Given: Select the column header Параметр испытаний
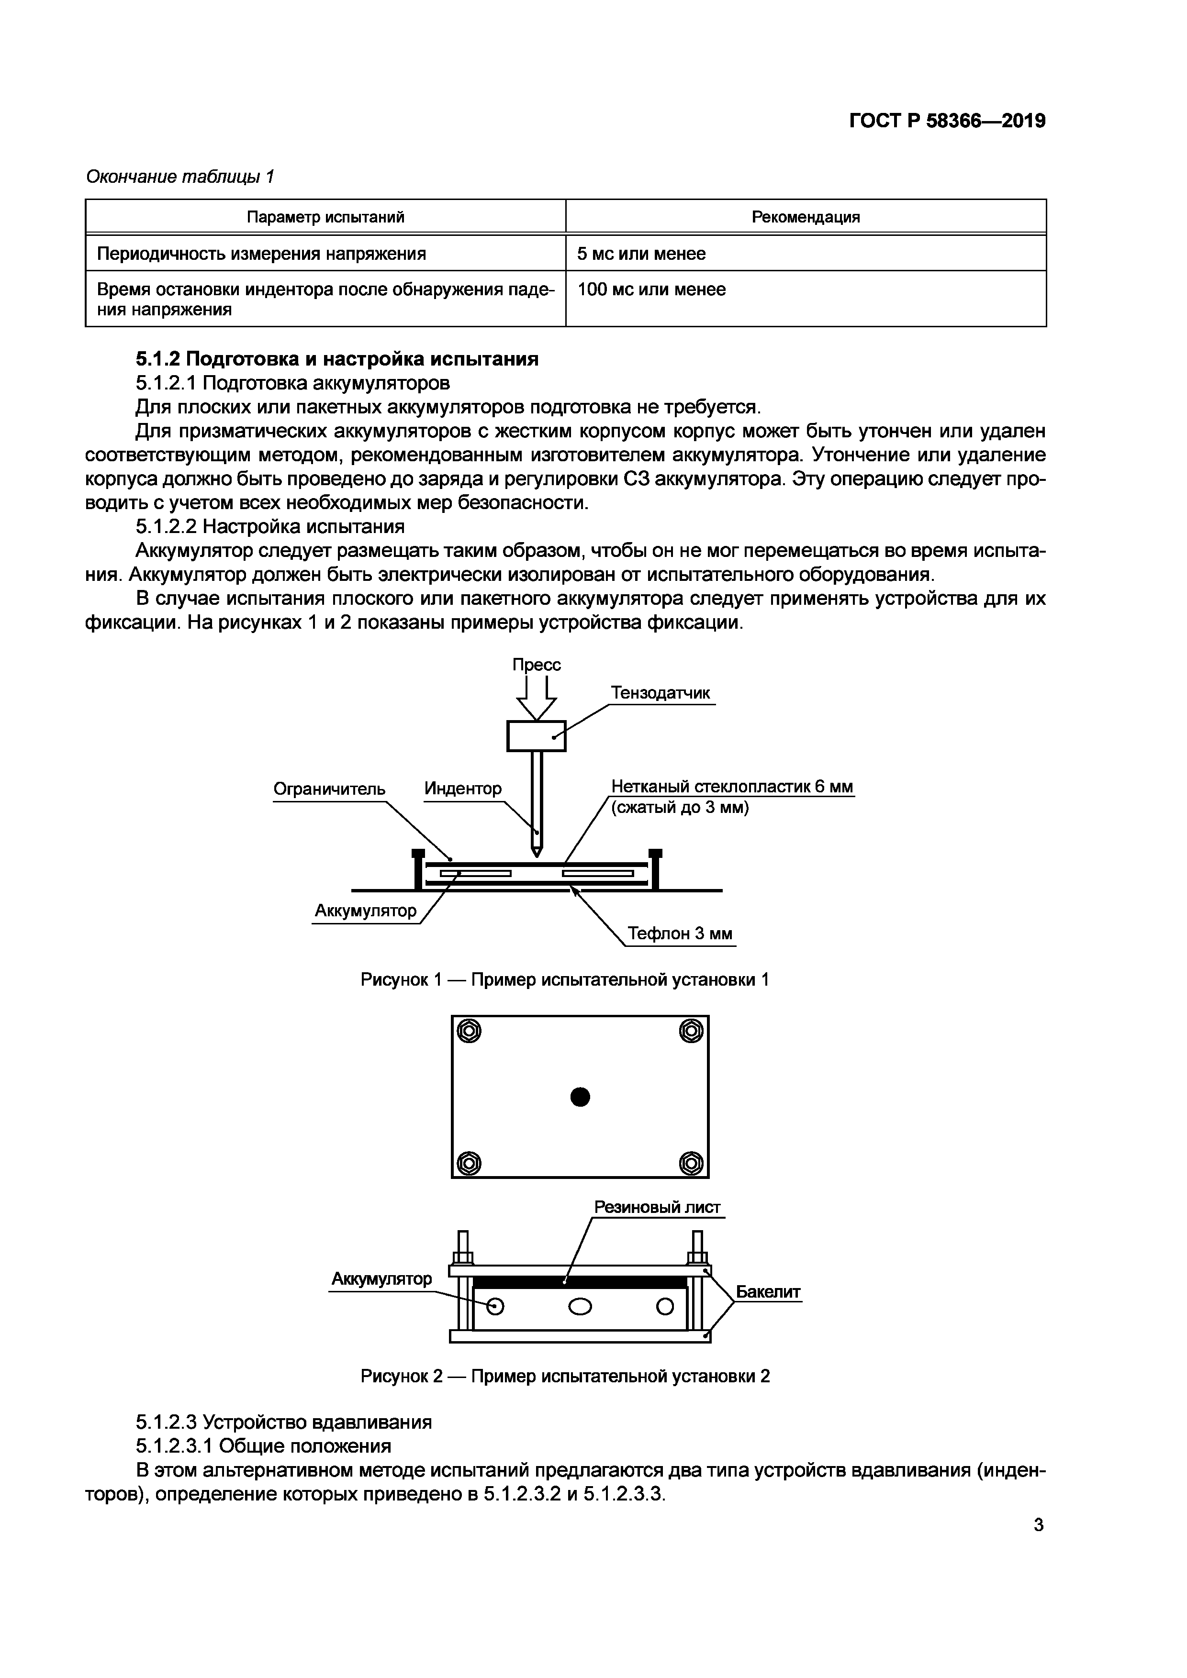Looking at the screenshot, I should pyautogui.click(x=325, y=217).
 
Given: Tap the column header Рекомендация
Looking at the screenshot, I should pyautogui.click(x=806, y=217).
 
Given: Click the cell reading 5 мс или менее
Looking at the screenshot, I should pyautogui.click(x=641, y=254).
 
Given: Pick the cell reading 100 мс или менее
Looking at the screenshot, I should pyautogui.click(x=651, y=289).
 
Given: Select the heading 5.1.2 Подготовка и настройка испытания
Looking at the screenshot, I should pyautogui.click(x=337, y=359).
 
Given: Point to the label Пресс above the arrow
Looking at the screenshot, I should pyautogui.click(x=537, y=664).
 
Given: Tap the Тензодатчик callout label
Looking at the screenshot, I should pyautogui.click(x=660, y=693).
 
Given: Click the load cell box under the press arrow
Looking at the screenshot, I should pyautogui.click(x=537, y=736).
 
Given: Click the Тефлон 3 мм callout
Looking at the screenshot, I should pyautogui.click(x=680, y=934).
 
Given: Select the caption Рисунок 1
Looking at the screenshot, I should pyautogui.click(x=564, y=979).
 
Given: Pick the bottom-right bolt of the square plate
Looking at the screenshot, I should pyautogui.click(x=691, y=1162).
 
